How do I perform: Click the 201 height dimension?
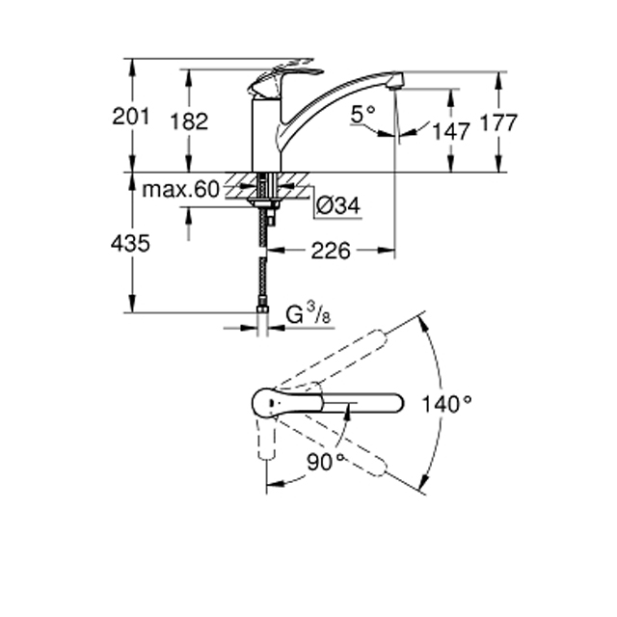(131, 117)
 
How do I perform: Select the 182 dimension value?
(189, 121)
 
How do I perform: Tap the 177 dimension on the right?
(498, 122)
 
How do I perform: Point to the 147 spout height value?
(451, 131)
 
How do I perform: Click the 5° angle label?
(362, 115)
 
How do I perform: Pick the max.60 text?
(180, 190)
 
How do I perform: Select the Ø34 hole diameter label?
(338, 205)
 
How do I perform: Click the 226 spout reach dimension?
(331, 251)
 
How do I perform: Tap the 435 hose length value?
(130, 243)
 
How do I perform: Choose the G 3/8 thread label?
(308, 314)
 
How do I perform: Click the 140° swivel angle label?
(446, 404)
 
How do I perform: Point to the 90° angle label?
(326, 462)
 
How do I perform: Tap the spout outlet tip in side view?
(395, 80)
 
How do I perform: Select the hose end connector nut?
(262, 309)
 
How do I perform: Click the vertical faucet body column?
(266, 135)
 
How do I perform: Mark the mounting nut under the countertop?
(263, 203)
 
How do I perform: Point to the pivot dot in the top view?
(271, 403)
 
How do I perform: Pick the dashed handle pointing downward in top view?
(266, 438)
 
